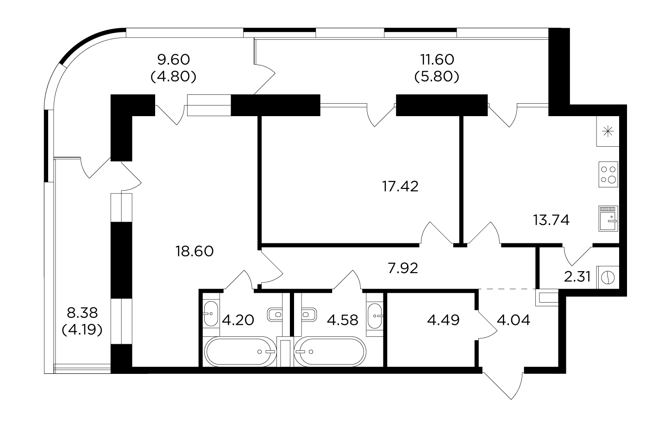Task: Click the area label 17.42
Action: pos(400,186)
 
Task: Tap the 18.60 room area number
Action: pos(194,251)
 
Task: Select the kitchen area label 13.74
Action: pos(551,220)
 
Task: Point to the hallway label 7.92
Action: pos(403,268)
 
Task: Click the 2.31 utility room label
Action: pos(577,277)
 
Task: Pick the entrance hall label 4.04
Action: pos(514,320)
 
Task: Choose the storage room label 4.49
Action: pos(443,320)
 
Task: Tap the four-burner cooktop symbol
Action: pos(608,174)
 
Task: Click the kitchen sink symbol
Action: pos(608,218)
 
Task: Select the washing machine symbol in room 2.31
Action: pos(608,278)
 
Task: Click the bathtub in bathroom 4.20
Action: pos(240,352)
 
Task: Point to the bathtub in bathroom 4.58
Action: pos(330,352)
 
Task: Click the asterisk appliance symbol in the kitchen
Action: pos(608,131)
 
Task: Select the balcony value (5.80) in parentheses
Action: pos(437,77)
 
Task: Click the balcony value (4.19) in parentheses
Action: pos(82,330)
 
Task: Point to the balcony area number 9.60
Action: pos(174,60)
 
